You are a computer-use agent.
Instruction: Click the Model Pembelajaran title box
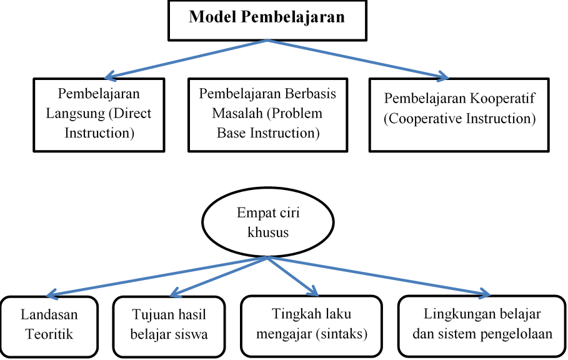click(267, 19)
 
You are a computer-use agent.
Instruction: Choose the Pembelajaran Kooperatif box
click(459, 114)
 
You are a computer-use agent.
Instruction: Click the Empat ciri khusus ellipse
click(268, 222)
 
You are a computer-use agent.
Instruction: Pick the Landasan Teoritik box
click(49, 325)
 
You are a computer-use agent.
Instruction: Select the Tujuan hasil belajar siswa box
click(169, 325)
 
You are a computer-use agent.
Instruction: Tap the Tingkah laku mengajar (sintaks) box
click(313, 325)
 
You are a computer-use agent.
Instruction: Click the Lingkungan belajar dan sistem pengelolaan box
click(482, 325)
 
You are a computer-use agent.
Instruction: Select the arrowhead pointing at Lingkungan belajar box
click(486, 293)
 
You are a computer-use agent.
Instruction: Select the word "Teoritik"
click(49, 334)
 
